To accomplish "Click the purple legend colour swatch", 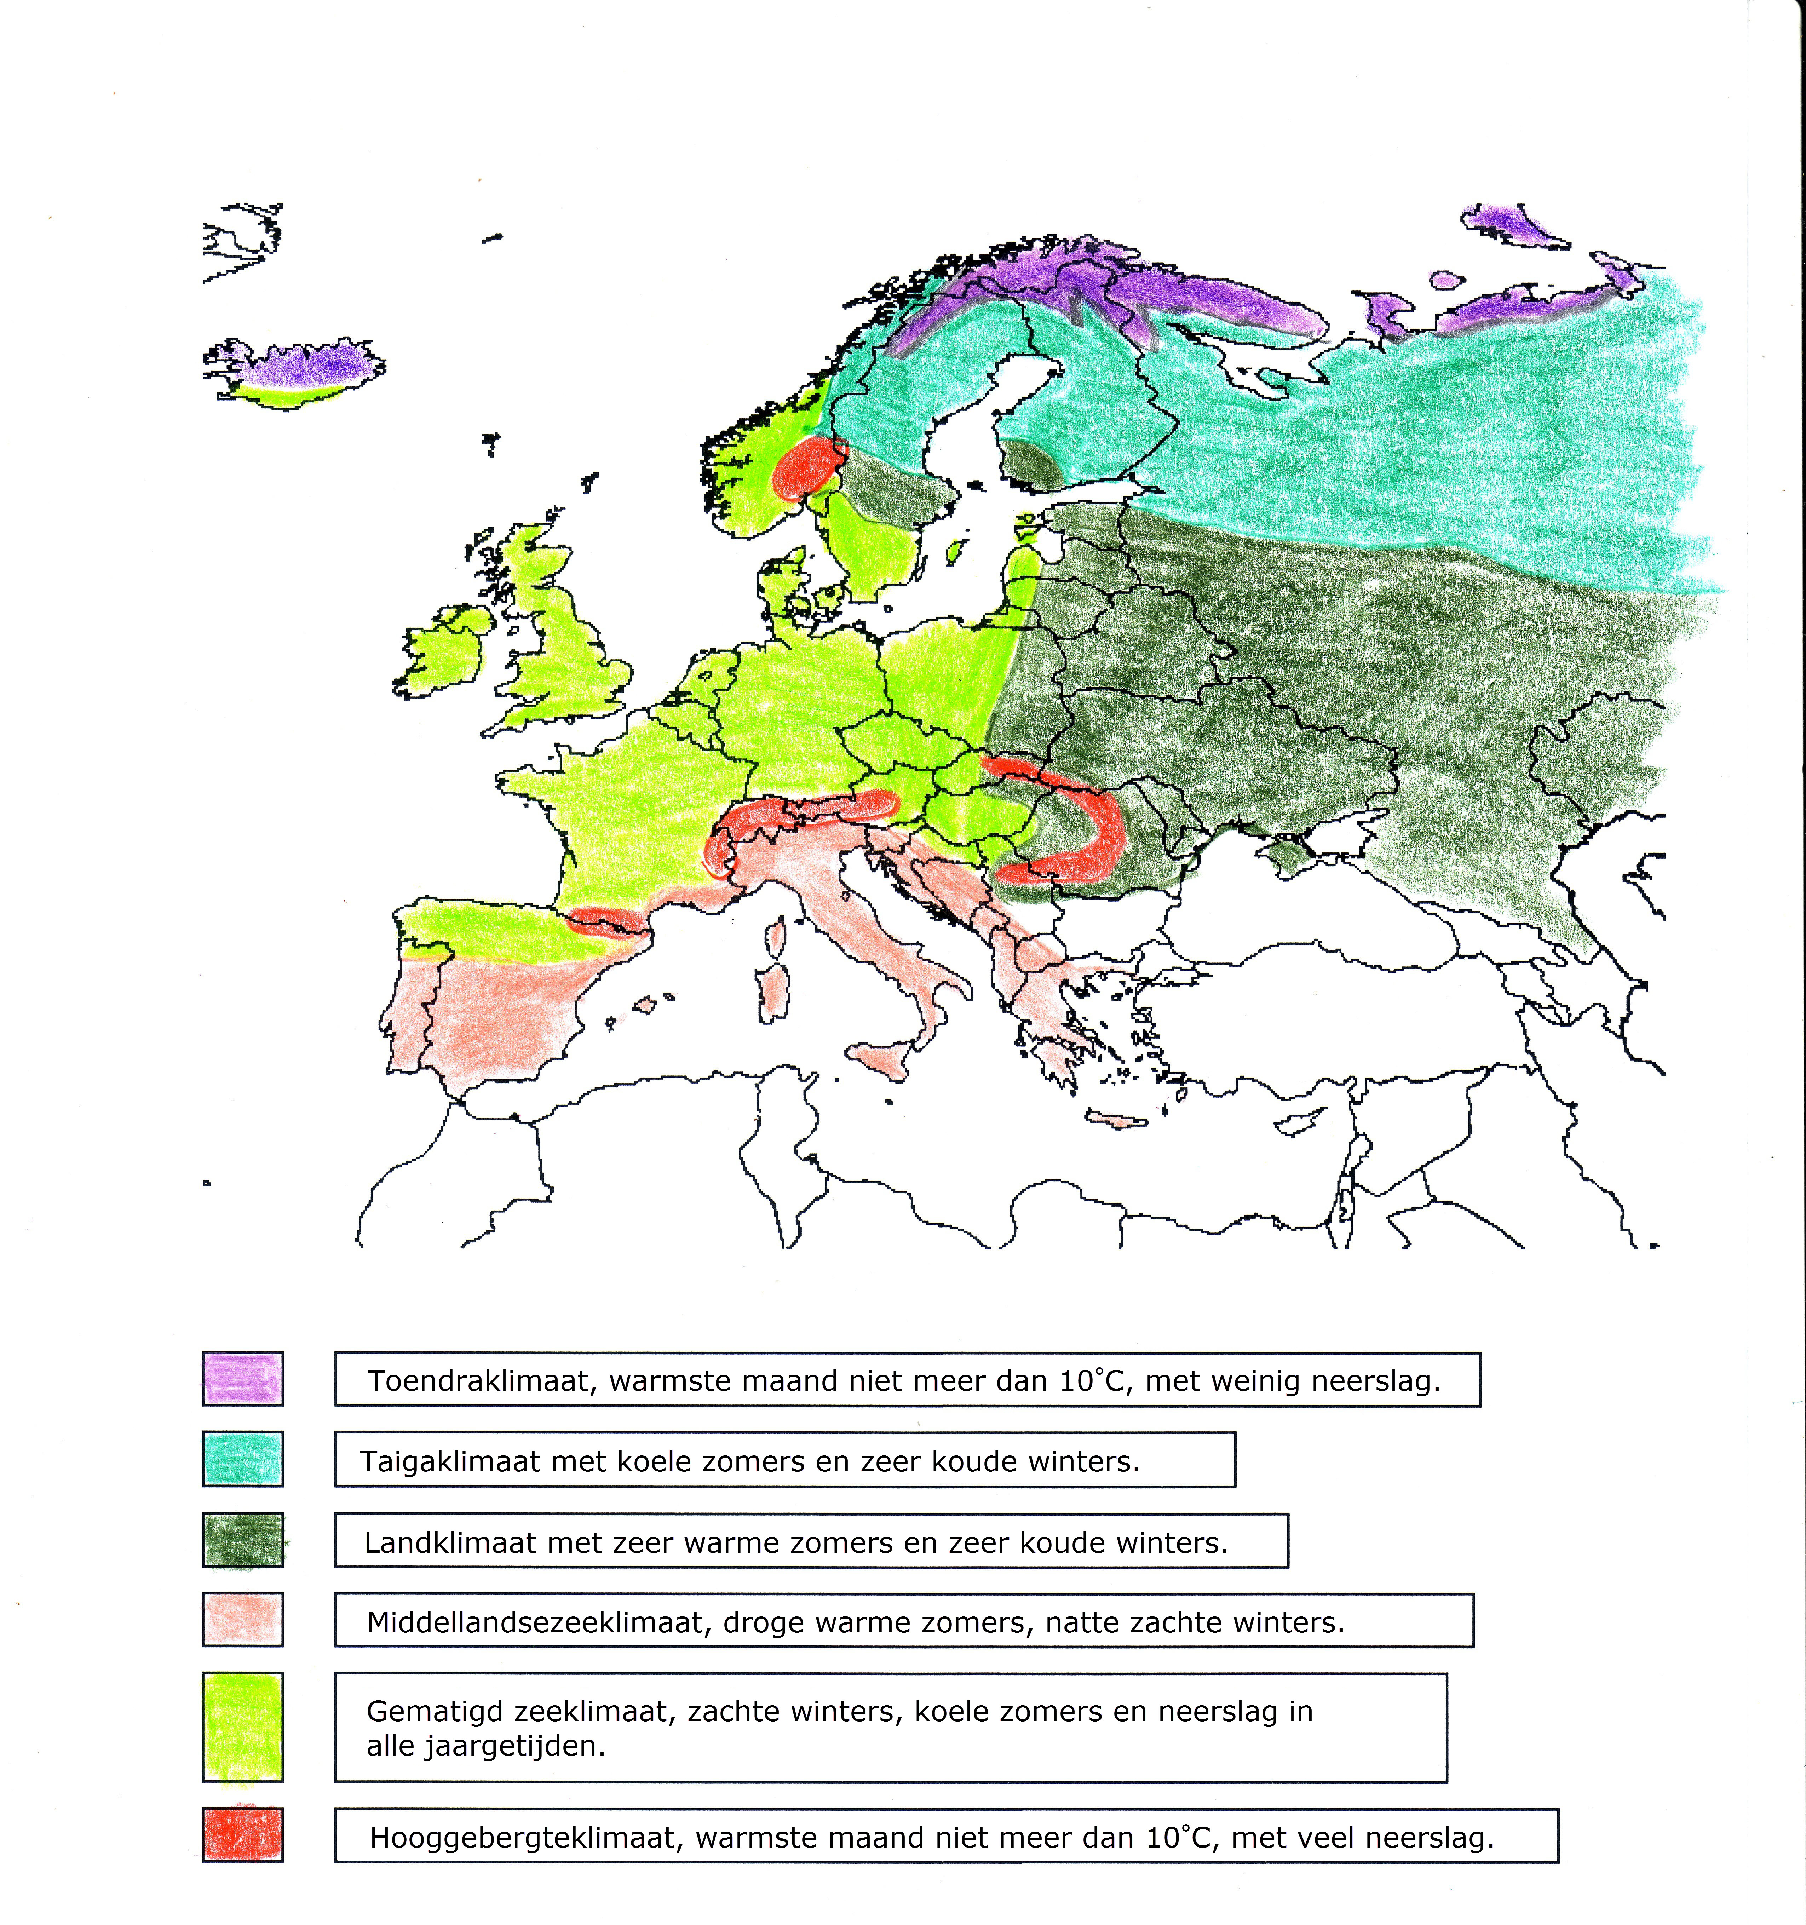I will click(242, 1378).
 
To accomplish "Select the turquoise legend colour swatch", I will click(242, 1458).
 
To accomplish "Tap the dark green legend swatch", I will click(242, 1540).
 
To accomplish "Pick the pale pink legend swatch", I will click(242, 1619).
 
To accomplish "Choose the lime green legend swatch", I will click(242, 1726).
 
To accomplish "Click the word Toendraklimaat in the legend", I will click(479, 1381).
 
